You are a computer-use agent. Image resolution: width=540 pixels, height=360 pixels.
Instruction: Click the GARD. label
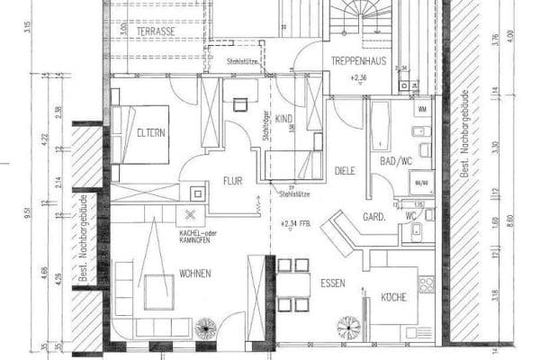coord(374,217)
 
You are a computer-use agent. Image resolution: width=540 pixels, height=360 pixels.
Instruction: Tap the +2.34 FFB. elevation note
coord(296,223)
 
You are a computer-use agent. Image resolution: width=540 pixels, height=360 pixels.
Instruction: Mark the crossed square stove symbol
coord(190,214)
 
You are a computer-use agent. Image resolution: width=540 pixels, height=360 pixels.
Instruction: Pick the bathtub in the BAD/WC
coord(379,126)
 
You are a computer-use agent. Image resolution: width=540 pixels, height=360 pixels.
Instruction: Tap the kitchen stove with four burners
coord(426,283)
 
